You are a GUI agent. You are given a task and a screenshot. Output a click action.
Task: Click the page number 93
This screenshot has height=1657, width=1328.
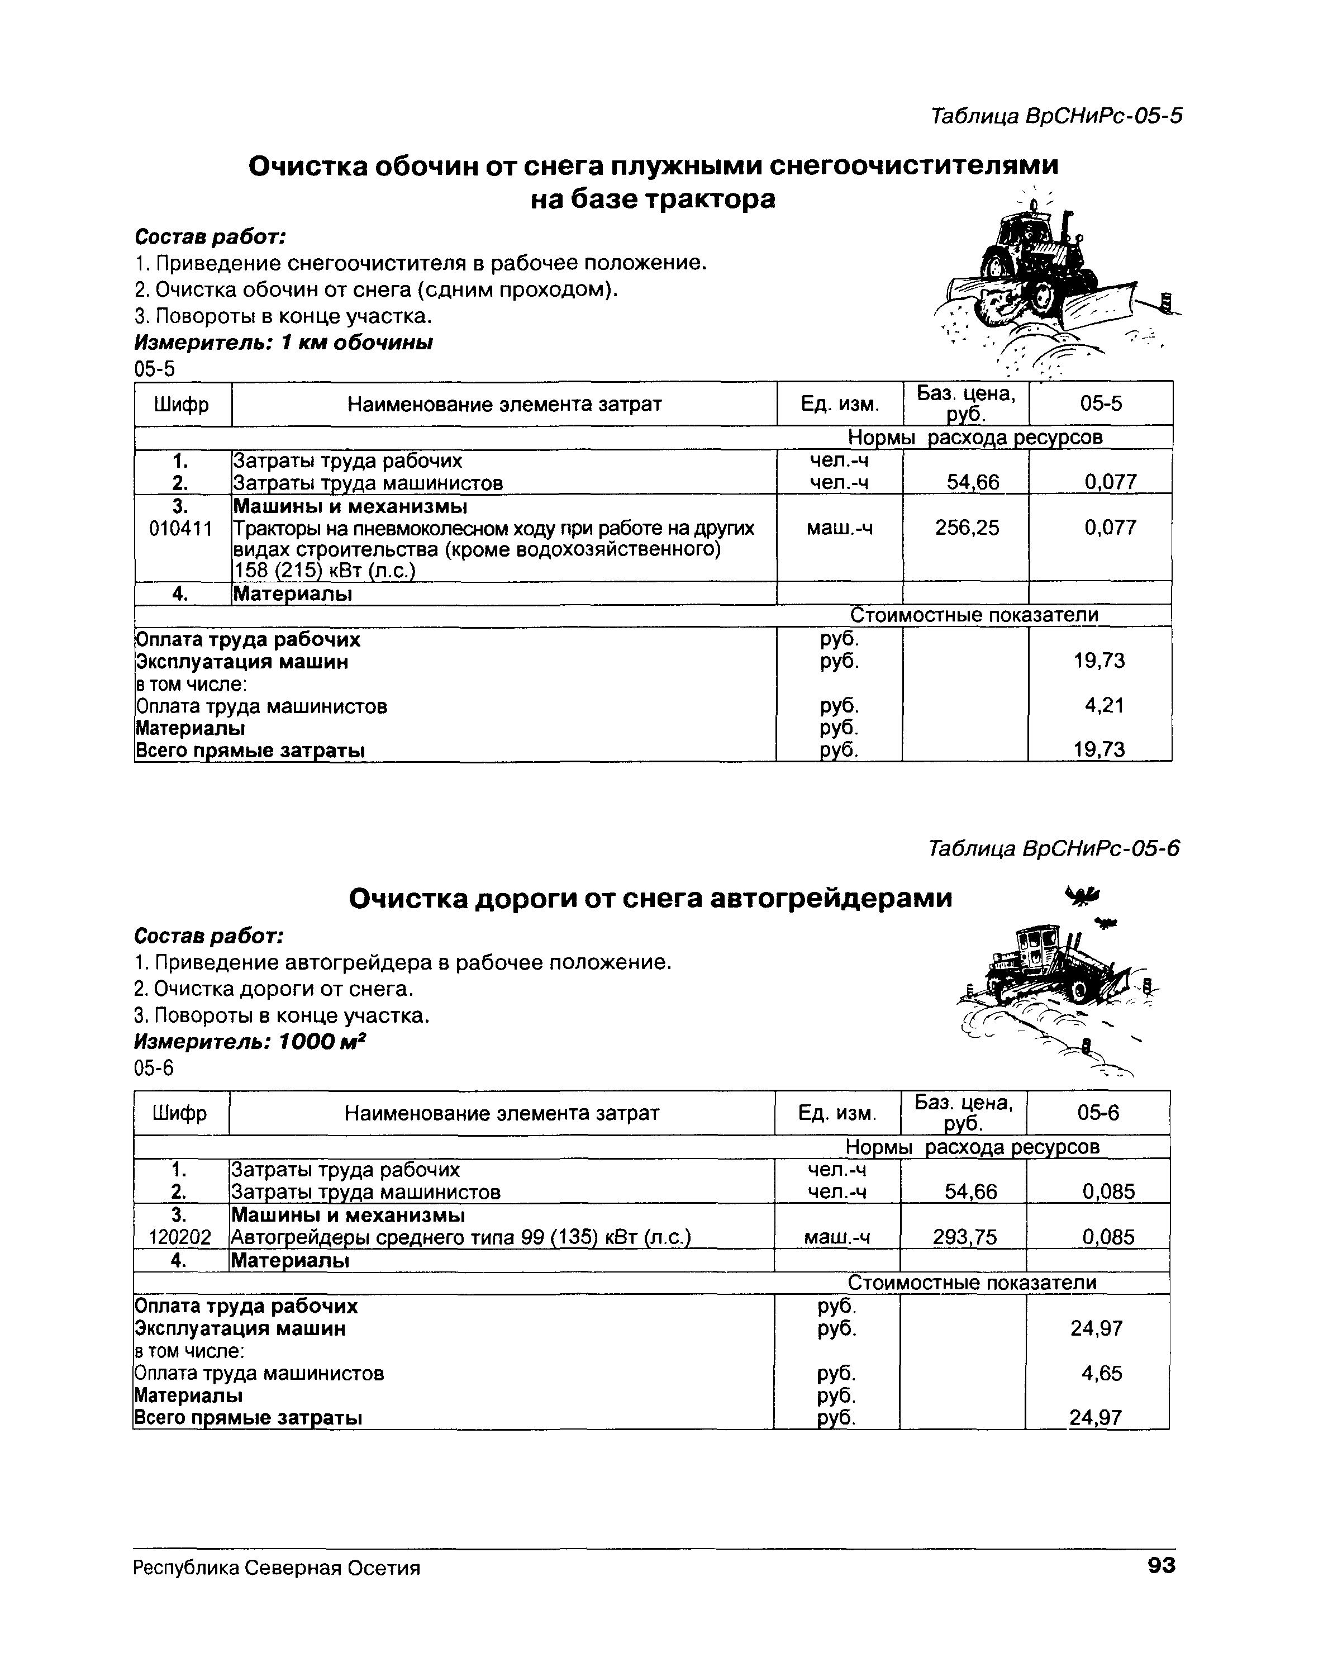(x=1160, y=1565)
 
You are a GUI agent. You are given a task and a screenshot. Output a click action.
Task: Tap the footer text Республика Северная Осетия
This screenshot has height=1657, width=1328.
(x=277, y=1568)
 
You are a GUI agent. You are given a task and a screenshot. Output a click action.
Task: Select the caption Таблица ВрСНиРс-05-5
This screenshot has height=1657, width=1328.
(x=1055, y=116)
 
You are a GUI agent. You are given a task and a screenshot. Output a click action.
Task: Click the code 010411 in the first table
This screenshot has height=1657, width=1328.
(x=180, y=529)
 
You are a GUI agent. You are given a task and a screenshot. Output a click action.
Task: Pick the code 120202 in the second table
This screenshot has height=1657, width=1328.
(x=180, y=1237)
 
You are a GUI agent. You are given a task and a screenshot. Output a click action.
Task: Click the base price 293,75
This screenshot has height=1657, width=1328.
(x=964, y=1237)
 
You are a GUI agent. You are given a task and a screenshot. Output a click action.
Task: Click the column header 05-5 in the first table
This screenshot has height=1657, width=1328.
(x=1101, y=403)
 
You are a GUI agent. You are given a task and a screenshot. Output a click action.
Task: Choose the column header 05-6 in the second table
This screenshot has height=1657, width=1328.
(x=1098, y=1113)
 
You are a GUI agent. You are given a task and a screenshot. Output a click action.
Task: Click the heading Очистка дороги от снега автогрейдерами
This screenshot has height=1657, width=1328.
(x=650, y=898)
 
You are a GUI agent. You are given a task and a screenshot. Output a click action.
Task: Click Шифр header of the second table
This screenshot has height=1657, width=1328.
(x=180, y=1113)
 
